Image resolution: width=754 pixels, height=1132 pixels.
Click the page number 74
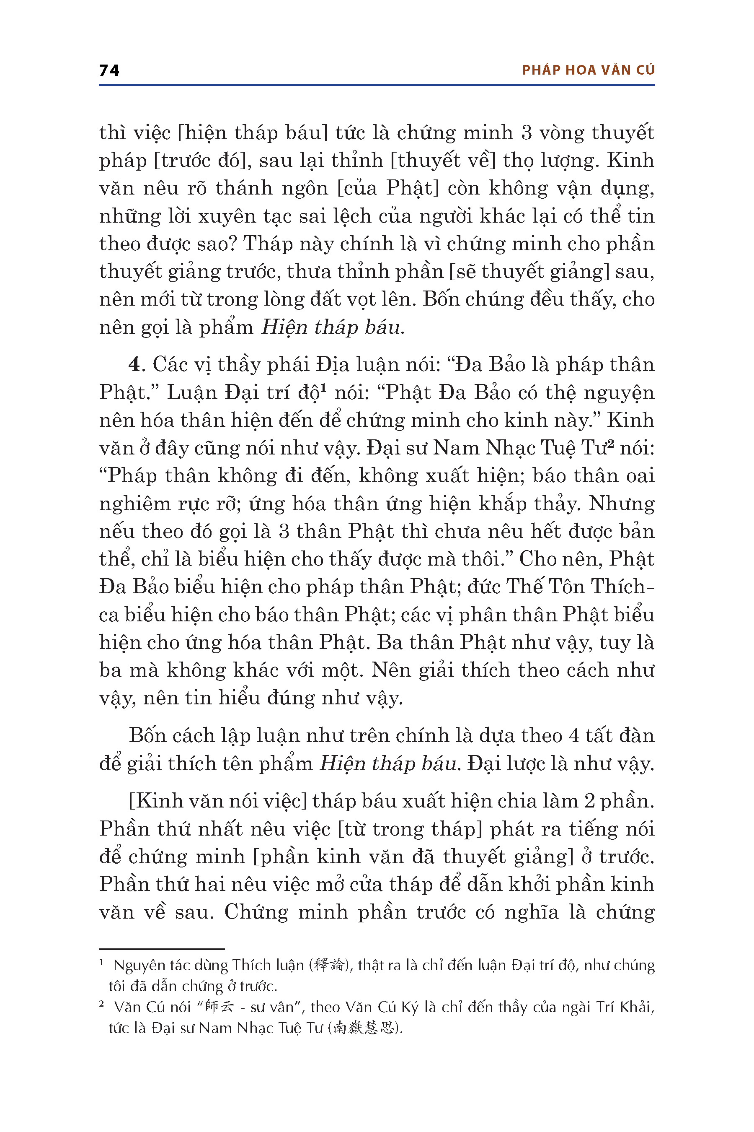coord(109,70)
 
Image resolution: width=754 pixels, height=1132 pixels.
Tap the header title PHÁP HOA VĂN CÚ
coord(588,70)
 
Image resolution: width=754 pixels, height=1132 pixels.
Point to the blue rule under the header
coord(377,85)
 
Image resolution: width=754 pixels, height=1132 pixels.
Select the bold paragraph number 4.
coord(134,365)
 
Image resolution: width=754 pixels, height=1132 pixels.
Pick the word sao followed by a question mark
coord(221,244)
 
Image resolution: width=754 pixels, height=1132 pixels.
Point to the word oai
coord(640,475)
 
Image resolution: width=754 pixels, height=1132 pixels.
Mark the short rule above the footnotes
coord(162,949)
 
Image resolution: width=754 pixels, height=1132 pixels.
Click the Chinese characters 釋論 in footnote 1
coord(328,965)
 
